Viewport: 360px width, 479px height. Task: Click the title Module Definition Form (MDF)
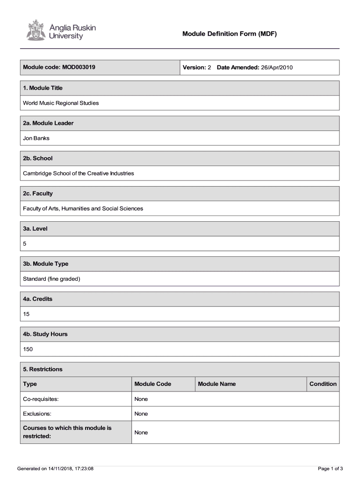230,34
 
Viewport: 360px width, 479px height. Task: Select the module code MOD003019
78,67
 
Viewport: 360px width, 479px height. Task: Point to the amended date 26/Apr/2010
277,67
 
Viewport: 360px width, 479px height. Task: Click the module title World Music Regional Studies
61,103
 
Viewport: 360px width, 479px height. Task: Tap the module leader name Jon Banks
36,138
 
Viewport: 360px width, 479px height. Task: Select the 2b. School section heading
38,158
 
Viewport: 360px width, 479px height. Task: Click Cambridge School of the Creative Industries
79,173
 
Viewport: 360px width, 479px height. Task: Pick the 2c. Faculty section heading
38,193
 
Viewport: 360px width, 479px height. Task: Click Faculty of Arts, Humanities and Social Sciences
83,208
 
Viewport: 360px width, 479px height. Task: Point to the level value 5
25,243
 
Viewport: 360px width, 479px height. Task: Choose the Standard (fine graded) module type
52,279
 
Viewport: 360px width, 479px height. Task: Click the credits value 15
26,314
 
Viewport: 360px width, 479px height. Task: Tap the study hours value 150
28,349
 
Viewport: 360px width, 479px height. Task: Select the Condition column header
323,384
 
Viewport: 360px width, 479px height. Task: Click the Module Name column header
216,384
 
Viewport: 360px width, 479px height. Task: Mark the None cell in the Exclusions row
141,414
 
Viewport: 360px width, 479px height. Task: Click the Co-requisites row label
41,399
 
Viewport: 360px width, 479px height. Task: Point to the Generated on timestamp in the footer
55,468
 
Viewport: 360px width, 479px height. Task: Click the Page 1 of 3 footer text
331,468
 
